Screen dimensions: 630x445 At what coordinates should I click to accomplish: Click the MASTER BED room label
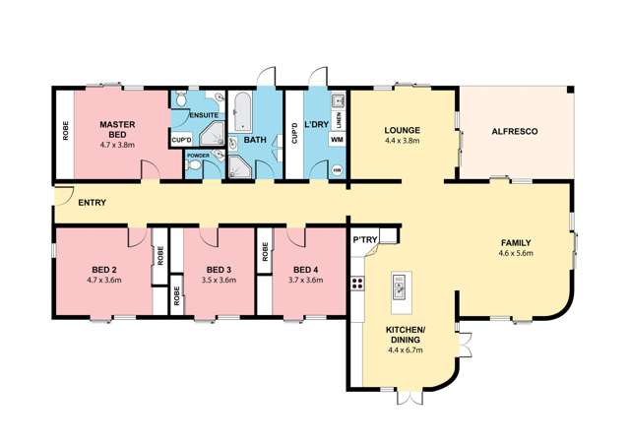[x=117, y=129]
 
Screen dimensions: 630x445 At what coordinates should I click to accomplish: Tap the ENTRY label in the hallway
[x=92, y=203]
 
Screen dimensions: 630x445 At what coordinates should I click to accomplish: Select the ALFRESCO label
[x=515, y=132]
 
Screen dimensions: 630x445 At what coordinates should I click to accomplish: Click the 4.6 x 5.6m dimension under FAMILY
[x=516, y=253]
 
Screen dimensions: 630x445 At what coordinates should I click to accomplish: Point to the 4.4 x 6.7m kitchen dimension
[x=405, y=350]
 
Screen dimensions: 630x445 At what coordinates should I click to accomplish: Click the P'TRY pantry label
[x=365, y=240]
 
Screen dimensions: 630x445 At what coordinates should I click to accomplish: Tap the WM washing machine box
[x=337, y=140]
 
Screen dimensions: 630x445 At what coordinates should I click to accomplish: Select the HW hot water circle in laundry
[x=338, y=170]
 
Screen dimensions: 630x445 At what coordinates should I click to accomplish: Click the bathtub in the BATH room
[x=242, y=112]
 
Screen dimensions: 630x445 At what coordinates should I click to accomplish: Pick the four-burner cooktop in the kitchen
[x=357, y=283]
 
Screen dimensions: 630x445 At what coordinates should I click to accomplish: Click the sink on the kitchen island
[x=399, y=287]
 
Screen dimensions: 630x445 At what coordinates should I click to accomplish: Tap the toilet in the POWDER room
[x=194, y=164]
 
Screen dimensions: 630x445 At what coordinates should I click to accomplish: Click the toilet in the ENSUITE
[x=180, y=98]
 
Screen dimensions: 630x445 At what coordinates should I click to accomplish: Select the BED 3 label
[x=219, y=270]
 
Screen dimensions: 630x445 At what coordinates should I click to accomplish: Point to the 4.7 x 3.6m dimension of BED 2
[x=104, y=281]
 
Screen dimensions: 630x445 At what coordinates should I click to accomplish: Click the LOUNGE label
[x=403, y=130]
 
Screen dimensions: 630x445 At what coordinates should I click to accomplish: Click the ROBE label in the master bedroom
[x=66, y=131]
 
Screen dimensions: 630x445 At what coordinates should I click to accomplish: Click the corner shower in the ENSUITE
[x=213, y=134]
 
